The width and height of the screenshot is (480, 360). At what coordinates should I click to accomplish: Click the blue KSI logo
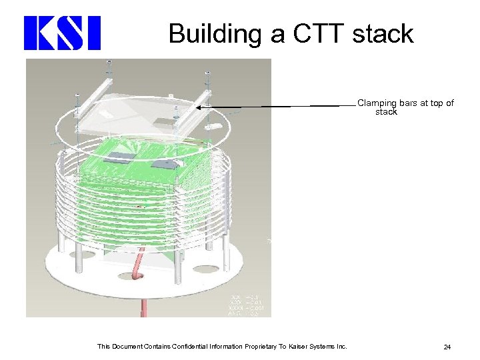click(62, 33)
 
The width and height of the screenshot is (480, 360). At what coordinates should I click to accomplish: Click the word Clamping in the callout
click(377, 103)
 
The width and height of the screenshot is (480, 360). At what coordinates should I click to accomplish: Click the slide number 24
click(447, 347)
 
